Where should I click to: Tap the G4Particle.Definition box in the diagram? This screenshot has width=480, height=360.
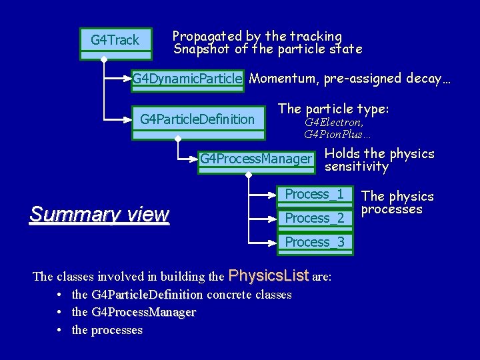197,120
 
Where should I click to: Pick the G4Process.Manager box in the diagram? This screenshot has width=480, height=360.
256,159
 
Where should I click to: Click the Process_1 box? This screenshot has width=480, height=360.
314,195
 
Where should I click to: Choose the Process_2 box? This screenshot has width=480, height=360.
314,218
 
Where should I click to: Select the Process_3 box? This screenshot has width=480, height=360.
314,242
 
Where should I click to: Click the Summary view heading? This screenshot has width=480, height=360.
99,215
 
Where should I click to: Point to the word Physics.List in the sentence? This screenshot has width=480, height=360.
269,275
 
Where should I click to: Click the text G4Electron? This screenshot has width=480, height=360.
334,123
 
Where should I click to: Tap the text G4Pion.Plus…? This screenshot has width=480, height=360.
337,135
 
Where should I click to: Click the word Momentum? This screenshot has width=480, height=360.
284,79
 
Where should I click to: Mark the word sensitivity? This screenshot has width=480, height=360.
356,167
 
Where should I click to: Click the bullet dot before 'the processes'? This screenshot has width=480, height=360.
60,330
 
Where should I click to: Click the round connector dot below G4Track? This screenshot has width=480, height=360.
103,60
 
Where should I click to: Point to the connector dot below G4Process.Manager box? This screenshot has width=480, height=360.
248,175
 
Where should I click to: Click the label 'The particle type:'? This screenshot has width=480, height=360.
333,109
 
